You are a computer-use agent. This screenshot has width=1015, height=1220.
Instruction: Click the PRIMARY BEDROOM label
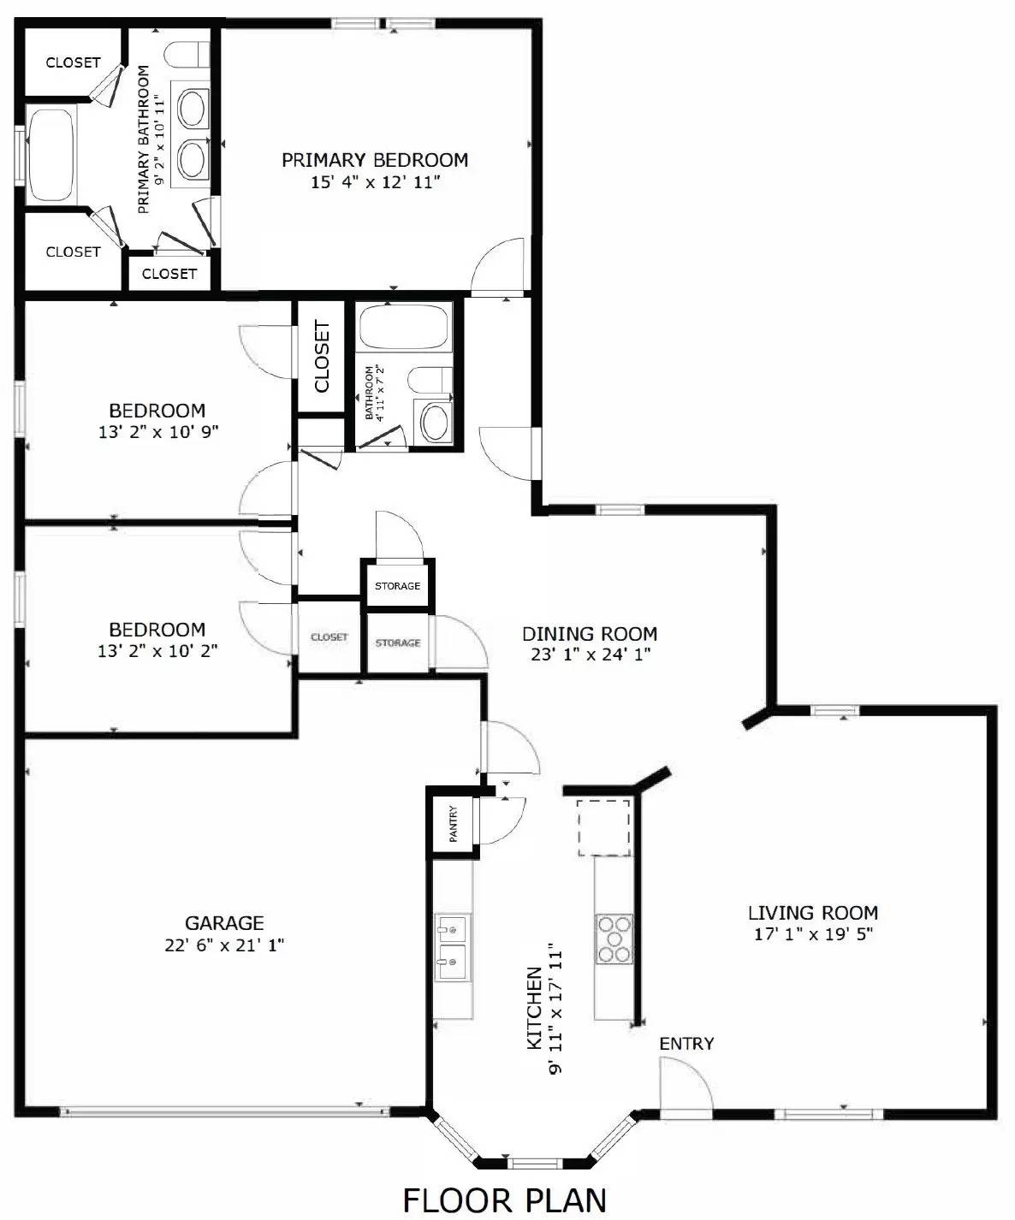coord(375,160)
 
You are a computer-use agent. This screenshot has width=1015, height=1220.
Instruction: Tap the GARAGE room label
coord(224,923)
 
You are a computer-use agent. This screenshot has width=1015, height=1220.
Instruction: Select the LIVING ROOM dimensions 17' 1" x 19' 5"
coord(812,934)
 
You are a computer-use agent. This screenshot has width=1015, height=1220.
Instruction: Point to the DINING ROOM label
coord(590,634)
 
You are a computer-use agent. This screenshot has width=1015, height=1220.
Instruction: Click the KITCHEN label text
coord(533,1008)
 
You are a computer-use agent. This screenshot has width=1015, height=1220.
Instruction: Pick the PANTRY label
coord(454,823)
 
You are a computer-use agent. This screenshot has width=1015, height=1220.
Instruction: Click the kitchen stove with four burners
coord(614,939)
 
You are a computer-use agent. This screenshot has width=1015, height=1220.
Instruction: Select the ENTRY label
coord(686,1044)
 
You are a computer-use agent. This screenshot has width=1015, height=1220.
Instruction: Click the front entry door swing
coord(685,1085)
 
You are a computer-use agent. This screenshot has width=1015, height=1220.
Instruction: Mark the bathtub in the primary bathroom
coord(50,154)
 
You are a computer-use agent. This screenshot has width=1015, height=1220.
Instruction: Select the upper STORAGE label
coord(397,586)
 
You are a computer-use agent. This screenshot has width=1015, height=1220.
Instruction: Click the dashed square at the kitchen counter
coord(603,827)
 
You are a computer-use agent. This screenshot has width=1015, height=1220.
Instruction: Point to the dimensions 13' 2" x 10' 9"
coord(158,433)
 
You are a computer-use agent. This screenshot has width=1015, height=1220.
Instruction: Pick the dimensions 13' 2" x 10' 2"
coord(157,651)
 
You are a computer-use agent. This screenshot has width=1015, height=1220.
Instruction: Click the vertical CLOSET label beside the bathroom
coord(322,356)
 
